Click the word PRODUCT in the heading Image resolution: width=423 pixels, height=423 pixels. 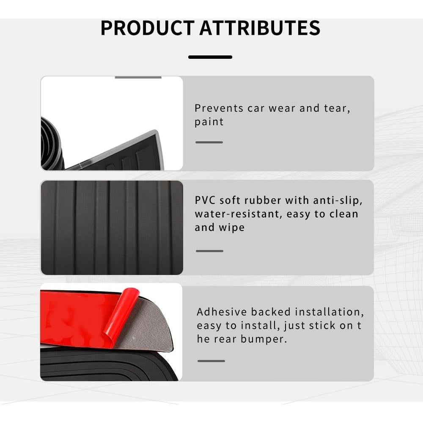[x=146, y=28]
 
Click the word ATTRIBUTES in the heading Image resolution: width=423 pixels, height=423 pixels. [x=260, y=28]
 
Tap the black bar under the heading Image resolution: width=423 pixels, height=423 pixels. [x=210, y=57]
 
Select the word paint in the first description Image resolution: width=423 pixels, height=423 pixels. [x=209, y=122]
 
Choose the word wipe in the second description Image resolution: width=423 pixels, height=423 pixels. [x=231, y=228]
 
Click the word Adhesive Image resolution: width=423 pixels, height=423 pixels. [x=222, y=312]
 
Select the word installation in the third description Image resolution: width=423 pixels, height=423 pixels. [x=329, y=312]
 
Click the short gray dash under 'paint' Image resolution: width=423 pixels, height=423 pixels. [x=209, y=142]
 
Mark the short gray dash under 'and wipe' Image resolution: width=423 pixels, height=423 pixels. [x=209, y=251]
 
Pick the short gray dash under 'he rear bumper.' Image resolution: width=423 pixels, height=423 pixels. [x=211, y=361]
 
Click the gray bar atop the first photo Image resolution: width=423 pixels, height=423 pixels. [x=138, y=77]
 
